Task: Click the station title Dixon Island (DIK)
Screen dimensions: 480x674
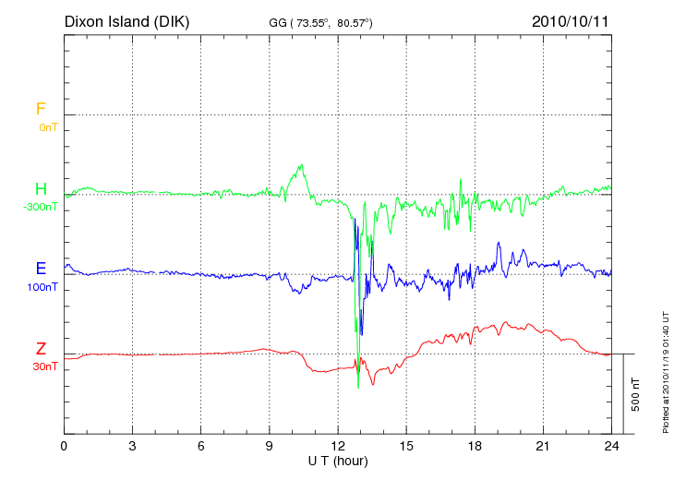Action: click(x=126, y=20)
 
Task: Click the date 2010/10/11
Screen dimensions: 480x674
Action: click(x=572, y=20)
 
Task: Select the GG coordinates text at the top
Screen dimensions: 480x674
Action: click(x=320, y=21)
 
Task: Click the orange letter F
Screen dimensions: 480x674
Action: click(x=41, y=109)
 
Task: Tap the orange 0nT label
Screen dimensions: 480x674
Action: click(x=48, y=126)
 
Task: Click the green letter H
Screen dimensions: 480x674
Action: click(x=41, y=189)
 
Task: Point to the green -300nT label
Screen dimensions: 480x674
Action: click(x=40, y=207)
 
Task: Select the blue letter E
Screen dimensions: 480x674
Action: click(x=41, y=269)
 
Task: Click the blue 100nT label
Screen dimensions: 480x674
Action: click(x=42, y=287)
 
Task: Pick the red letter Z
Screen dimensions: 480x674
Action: click(x=41, y=349)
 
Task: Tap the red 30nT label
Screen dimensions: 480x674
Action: click(x=44, y=366)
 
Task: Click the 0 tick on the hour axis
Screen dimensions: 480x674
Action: click(x=64, y=446)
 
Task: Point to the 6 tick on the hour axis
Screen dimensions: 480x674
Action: click(x=201, y=446)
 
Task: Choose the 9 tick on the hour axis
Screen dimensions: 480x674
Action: click(x=270, y=446)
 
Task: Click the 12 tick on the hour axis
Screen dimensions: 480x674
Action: click(x=338, y=446)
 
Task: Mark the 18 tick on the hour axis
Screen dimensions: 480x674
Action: click(x=475, y=446)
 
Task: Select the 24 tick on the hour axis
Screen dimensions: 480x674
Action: click(x=611, y=446)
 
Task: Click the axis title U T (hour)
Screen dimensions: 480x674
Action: click(x=338, y=460)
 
